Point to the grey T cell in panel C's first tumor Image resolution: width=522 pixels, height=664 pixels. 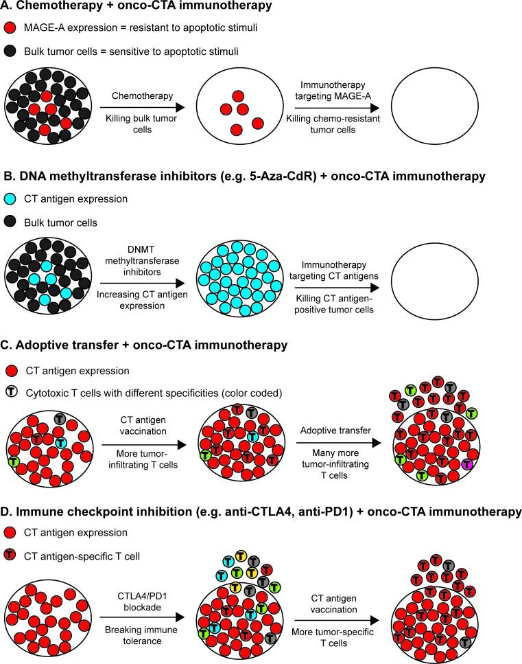pyautogui.click(x=59, y=418)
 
